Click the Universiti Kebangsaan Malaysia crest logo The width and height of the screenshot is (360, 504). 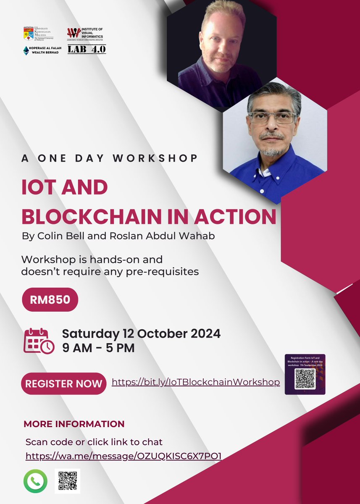tap(29, 34)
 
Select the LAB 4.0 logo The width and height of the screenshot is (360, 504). tap(87, 49)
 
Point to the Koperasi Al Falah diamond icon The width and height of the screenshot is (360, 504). tap(26, 50)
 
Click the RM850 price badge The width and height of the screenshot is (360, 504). tap(50, 300)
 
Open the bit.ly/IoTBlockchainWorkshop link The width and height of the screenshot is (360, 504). tap(196, 382)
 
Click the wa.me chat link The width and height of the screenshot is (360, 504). tap(124, 456)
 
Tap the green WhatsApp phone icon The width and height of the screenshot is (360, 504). tap(35, 481)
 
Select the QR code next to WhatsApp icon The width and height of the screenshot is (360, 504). tap(67, 481)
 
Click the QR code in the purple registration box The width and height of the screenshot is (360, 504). tap(305, 379)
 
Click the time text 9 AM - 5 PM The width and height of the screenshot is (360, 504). tap(98, 348)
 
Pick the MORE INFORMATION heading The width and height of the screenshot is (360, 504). tap(74, 424)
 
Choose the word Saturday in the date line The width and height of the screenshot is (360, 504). tap(90, 333)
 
